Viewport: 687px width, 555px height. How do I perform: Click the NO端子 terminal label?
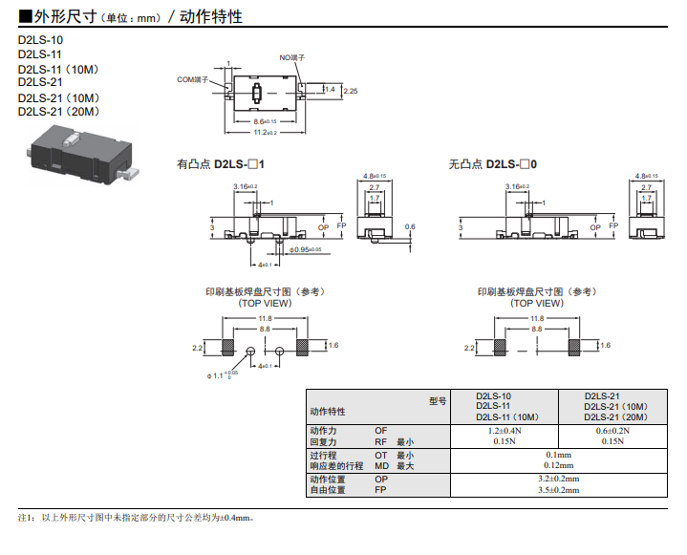tap(291, 58)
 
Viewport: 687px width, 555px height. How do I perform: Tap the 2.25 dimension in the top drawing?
tap(351, 91)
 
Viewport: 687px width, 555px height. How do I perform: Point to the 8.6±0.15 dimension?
tap(265, 121)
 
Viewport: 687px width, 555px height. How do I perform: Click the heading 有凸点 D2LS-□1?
tap(221, 164)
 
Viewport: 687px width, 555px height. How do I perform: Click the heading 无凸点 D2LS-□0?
tap(493, 164)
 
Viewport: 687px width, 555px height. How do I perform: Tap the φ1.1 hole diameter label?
tap(221, 375)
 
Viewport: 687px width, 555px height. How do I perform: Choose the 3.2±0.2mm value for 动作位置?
tap(559, 479)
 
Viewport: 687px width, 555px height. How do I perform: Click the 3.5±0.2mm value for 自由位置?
tap(559, 490)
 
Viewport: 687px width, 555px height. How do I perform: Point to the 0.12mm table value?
tap(559, 465)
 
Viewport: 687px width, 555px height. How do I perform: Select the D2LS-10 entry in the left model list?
tap(40, 40)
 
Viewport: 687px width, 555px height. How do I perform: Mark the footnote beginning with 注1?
tap(135, 517)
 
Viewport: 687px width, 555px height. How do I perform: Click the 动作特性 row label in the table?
tap(328, 412)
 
